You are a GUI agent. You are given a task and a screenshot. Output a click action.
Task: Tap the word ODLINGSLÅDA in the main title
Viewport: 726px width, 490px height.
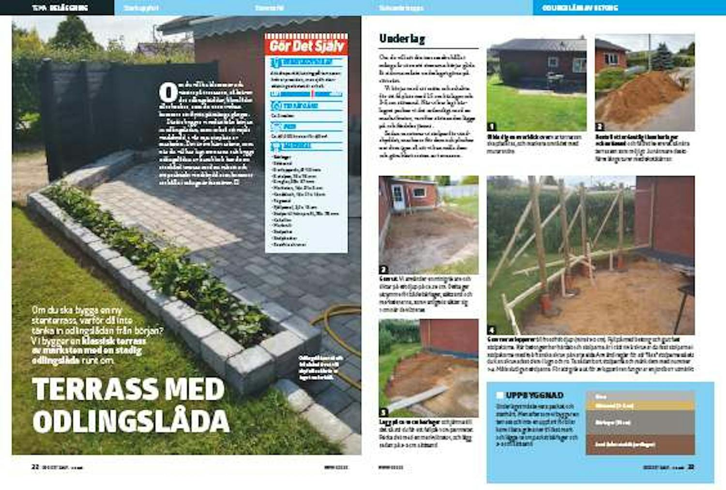131,421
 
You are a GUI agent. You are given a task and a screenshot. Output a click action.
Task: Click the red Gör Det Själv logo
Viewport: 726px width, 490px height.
306,46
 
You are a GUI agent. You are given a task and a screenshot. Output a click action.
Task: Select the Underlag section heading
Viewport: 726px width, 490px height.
402,39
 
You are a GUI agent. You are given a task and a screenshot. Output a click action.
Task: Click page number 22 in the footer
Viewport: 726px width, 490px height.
35,467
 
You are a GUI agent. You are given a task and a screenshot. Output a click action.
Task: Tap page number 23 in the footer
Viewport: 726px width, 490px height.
691,467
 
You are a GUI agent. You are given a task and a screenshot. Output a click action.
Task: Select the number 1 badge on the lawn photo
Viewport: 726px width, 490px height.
492,127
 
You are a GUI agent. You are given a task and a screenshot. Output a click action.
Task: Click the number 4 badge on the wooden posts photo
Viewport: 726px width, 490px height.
492,330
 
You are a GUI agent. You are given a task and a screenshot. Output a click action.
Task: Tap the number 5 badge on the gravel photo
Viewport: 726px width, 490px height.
383,412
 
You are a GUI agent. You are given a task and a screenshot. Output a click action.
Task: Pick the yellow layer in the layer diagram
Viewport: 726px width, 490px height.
640,406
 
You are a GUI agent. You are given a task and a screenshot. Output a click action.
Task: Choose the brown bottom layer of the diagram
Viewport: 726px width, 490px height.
640,444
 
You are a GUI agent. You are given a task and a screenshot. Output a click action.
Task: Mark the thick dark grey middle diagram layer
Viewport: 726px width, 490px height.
640,423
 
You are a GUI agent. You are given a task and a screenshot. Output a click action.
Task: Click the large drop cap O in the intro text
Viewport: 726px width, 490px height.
168,93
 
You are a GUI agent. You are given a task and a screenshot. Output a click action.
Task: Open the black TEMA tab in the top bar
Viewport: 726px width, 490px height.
57,8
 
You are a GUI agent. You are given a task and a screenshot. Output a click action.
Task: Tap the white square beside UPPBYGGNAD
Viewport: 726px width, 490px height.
500,395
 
